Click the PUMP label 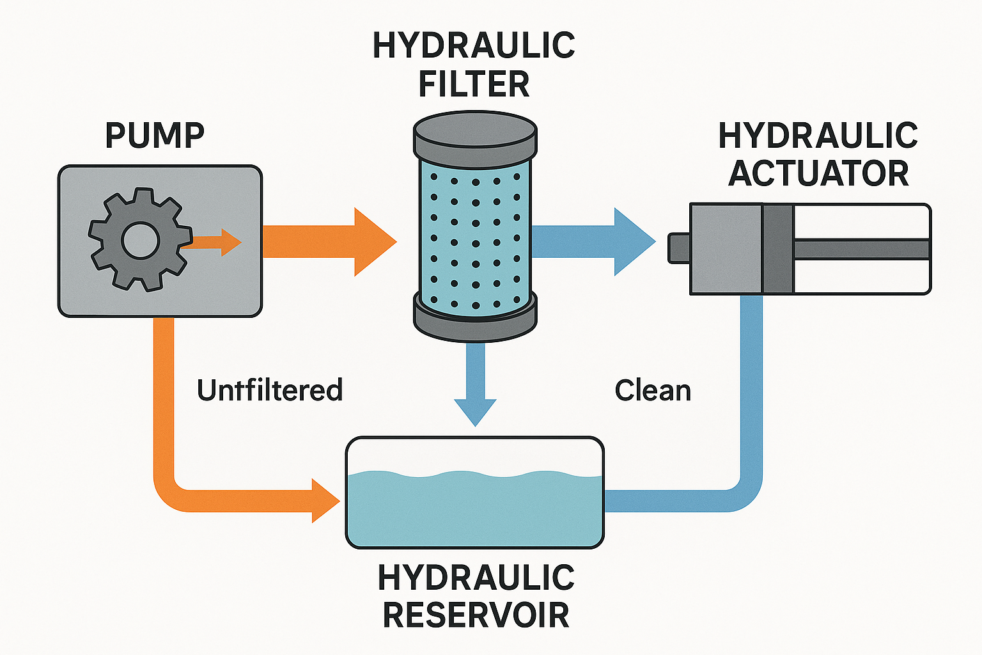(154, 135)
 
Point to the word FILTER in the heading (474, 84)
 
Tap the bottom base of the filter (474, 317)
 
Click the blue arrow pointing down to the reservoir (475, 390)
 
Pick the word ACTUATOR (818, 173)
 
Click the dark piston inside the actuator (778, 249)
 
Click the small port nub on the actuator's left (678, 248)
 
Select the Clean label (652, 390)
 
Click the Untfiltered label (269, 390)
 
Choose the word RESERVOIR (476, 615)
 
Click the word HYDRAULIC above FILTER (474, 45)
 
